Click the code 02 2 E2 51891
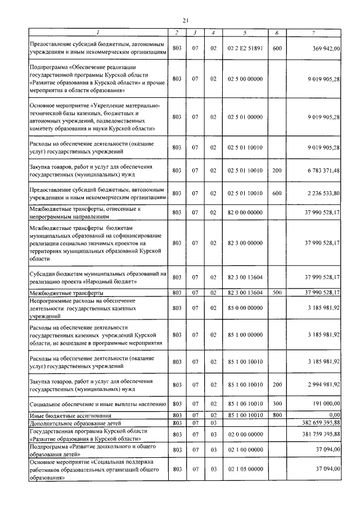pyautogui.click(x=245, y=49)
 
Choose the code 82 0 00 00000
pyautogui.click(x=245, y=213)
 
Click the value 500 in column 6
pyautogui.click(x=277, y=293)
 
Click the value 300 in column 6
pyautogui.click(x=277, y=404)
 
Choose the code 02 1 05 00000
pyautogui.click(x=245, y=469)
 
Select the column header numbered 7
pyautogui.click(x=319, y=34)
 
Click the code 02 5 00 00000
pyautogui.click(x=245, y=79)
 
